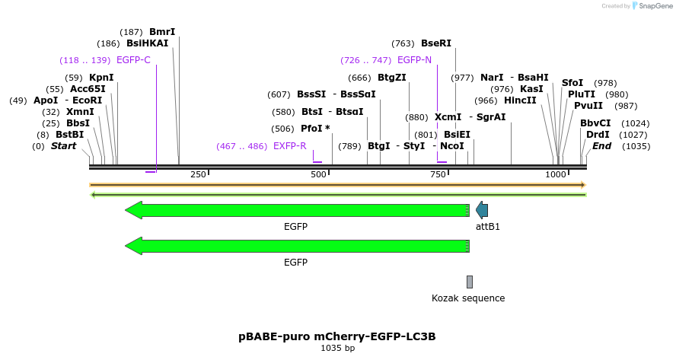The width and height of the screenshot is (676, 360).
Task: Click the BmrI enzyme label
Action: pos(162,32)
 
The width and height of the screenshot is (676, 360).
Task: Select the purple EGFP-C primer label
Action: pos(133,60)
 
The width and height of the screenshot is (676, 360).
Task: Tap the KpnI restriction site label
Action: pos(101,78)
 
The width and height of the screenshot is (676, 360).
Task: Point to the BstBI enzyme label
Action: pos(69,135)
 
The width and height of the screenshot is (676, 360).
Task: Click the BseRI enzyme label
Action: pos(435,43)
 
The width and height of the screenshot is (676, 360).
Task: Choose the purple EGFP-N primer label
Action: pos(414,60)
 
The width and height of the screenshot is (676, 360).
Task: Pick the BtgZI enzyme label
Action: pos(392,78)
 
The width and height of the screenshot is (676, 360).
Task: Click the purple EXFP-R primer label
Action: pos(289,146)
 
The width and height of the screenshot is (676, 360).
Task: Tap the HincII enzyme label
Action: pos(520,100)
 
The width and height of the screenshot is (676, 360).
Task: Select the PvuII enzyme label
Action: pos(588,106)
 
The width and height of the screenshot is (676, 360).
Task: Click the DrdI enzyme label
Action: pos(598,135)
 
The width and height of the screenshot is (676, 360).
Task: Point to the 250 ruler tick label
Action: pos(198,175)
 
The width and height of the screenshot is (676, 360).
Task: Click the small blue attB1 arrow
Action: pos(482,210)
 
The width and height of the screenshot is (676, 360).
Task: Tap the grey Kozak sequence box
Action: pos(470,282)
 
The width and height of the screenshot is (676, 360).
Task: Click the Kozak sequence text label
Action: pos(468,298)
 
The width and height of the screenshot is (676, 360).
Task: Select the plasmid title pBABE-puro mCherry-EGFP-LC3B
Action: pos(337,336)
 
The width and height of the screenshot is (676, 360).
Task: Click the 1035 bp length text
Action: pos(338,349)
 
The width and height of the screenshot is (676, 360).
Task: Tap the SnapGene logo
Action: pos(652,6)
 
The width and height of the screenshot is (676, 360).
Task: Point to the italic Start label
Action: pos(63,146)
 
